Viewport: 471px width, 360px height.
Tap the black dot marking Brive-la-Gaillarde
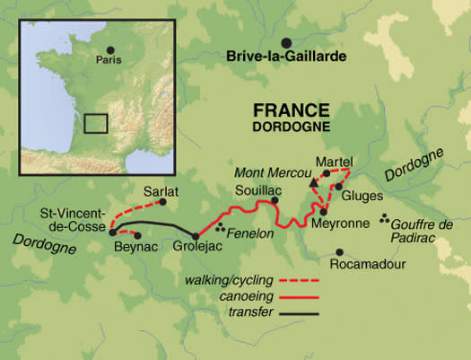pyautogui.click(x=287, y=42)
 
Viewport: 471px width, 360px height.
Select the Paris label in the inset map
pyautogui.click(x=109, y=62)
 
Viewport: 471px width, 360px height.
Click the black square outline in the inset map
pyautogui.click(x=96, y=122)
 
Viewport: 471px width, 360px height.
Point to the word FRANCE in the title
pyautogui.click(x=291, y=110)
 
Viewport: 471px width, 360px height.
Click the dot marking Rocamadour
pyautogui.click(x=339, y=252)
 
